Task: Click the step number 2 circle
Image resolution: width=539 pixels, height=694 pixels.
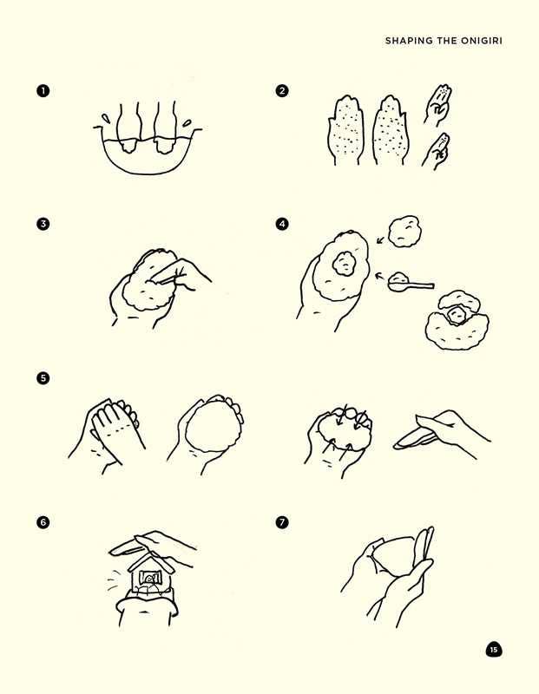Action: pos(282,90)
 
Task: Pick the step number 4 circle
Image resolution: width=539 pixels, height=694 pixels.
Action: pos(282,224)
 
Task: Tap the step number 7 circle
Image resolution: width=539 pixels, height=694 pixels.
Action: pos(282,522)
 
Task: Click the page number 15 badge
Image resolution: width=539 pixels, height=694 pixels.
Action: pos(493,650)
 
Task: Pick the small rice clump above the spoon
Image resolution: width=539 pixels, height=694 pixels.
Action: pos(403,229)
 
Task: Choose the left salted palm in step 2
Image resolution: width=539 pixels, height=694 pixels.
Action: pos(343,134)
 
